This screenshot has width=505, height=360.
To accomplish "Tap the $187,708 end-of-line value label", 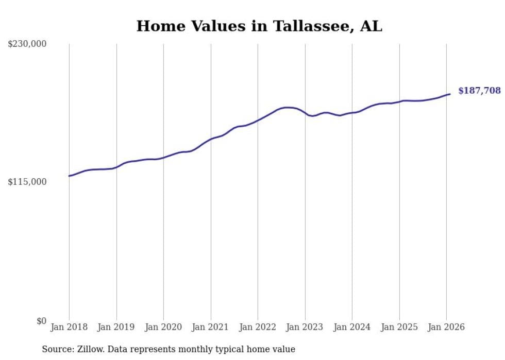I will pyautogui.click(x=479, y=91).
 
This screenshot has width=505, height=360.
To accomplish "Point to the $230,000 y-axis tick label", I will pyautogui.click(x=27, y=44).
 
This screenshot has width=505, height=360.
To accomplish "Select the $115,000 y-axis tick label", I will pyautogui.click(x=27, y=182).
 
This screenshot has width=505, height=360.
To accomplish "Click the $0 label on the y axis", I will pyautogui.click(x=41, y=321).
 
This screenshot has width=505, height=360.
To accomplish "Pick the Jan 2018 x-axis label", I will pyautogui.click(x=69, y=327).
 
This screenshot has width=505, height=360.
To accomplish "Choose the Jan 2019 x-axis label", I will pyautogui.click(x=116, y=327).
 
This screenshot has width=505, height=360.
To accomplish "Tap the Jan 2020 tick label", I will pyautogui.click(x=163, y=327).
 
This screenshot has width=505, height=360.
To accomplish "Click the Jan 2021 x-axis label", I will pyautogui.click(x=211, y=327).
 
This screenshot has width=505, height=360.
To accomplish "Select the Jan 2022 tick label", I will pyautogui.click(x=258, y=327).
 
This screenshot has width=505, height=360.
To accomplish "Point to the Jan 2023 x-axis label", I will pyautogui.click(x=305, y=327).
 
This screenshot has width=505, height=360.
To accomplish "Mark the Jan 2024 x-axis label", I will pyautogui.click(x=352, y=327).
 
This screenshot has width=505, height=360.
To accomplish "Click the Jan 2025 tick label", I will pyautogui.click(x=399, y=327).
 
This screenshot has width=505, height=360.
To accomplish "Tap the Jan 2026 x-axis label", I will pyautogui.click(x=446, y=327).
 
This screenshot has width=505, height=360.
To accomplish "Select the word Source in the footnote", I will pyautogui.click(x=56, y=349).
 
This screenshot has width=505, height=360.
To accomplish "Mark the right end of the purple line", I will pyautogui.click(x=450, y=94).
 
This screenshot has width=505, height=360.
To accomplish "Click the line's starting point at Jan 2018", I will pyautogui.click(x=69, y=176).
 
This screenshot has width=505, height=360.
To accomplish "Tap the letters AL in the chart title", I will pyautogui.click(x=371, y=26).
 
